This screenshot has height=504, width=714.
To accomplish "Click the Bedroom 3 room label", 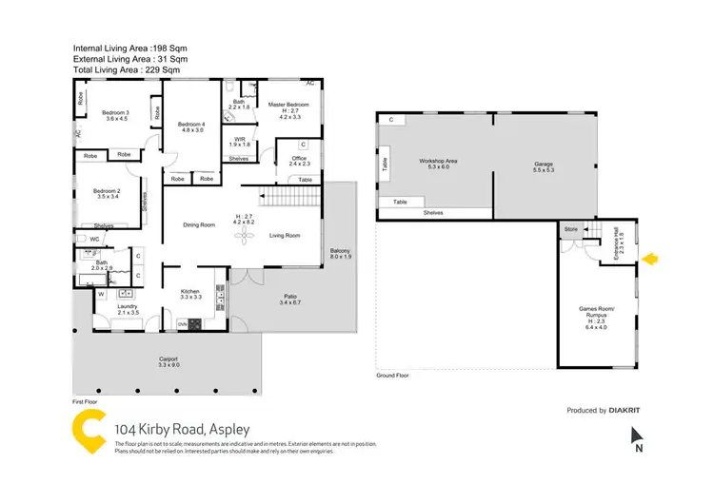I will [115, 112].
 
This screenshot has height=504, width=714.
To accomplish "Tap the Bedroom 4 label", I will [191, 126].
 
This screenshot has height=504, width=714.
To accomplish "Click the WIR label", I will [239, 139].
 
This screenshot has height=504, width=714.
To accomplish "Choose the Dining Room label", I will [202, 224].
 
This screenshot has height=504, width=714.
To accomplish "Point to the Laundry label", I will [127, 306].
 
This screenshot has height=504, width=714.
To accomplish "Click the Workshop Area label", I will [439, 162].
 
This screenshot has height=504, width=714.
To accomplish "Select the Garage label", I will [543, 165].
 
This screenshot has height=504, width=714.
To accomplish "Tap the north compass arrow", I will [637, 437].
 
